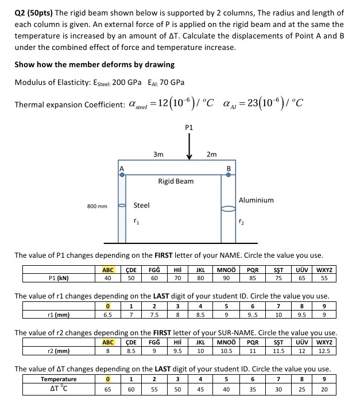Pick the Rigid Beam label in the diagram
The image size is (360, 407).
(176, 181)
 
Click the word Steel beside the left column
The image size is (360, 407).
(141, 205)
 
